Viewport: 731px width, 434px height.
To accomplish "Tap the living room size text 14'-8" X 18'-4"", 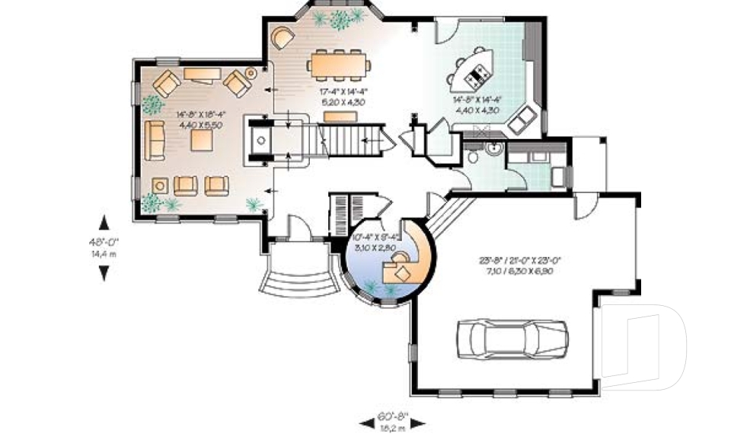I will pyautogui.click(x=200, y=115).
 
